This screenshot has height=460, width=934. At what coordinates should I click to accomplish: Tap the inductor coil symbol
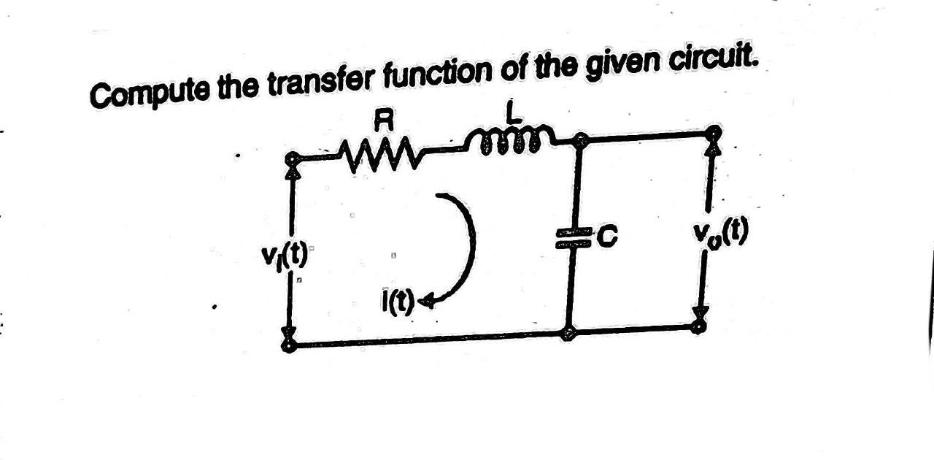point(511,140)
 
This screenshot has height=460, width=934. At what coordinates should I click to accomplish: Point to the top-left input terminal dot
point(292,158)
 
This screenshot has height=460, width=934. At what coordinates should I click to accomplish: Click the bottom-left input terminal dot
point(290,345)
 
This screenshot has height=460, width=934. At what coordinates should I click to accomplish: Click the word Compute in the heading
point(139,93)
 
